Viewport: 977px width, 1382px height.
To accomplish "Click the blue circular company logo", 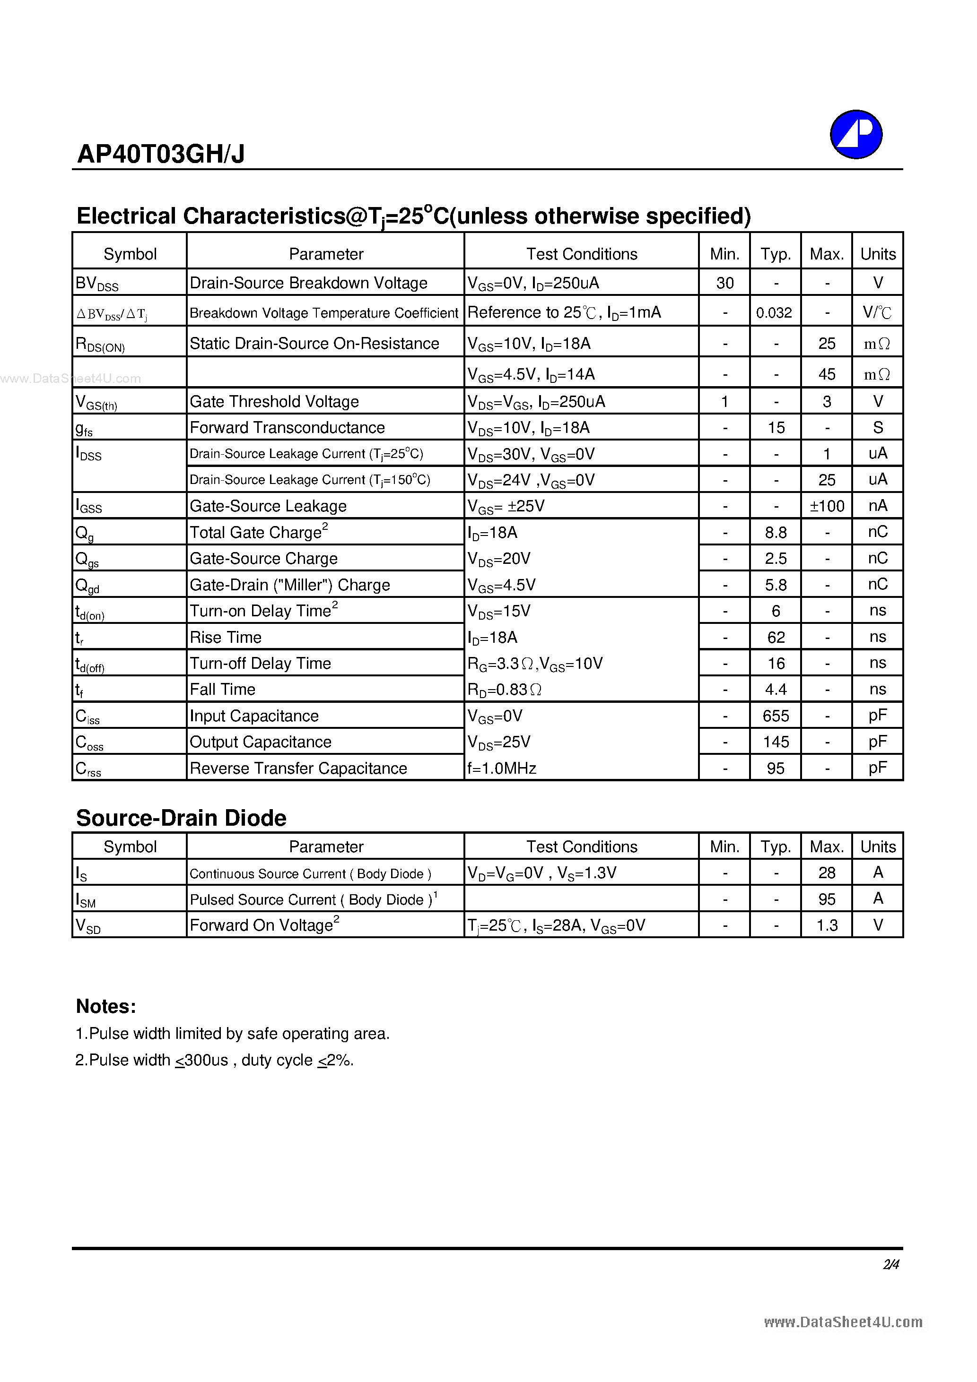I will [855, 134].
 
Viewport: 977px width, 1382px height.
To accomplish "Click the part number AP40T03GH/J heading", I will [161, 154].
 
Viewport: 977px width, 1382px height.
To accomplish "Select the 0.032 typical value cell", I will [774, 312].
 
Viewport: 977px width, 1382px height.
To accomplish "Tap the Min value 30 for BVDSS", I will [724, 283].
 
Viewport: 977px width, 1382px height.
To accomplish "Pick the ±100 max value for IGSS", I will [827, 506].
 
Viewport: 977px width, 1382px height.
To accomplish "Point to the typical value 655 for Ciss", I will [775, 716].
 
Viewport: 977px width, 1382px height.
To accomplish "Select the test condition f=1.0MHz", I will [502, 768].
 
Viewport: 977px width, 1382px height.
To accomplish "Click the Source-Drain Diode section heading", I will [181, 818].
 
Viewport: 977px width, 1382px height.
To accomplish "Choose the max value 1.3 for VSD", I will [827, 925].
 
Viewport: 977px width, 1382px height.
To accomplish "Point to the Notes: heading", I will [106, 1006].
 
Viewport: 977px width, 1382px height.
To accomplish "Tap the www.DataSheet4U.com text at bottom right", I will [843, 1322].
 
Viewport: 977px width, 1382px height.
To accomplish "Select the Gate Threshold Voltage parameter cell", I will [274, 401].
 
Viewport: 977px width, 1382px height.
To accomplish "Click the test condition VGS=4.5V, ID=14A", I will [531, 374].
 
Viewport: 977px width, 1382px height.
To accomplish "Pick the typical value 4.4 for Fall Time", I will [775, 689].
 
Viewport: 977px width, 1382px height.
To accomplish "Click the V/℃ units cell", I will [877, 312].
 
